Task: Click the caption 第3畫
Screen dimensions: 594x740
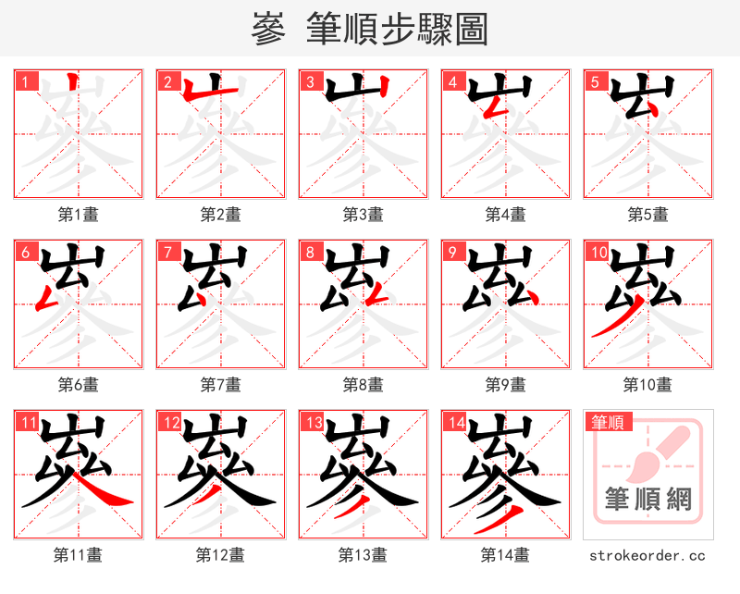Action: point(363,215)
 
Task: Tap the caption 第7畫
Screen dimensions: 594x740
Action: point(220,384)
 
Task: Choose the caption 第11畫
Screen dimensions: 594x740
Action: point(78,555)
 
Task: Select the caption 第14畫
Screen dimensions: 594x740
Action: point(505,555)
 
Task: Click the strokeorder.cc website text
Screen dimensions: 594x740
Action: point(647,555)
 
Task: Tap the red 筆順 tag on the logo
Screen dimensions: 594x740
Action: point(608,423)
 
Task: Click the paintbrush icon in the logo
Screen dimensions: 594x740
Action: point(659,453)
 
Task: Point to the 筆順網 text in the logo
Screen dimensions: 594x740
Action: point(647,501)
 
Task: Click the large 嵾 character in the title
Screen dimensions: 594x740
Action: point(268,30)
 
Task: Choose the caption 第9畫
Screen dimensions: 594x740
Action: point(505,384)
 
